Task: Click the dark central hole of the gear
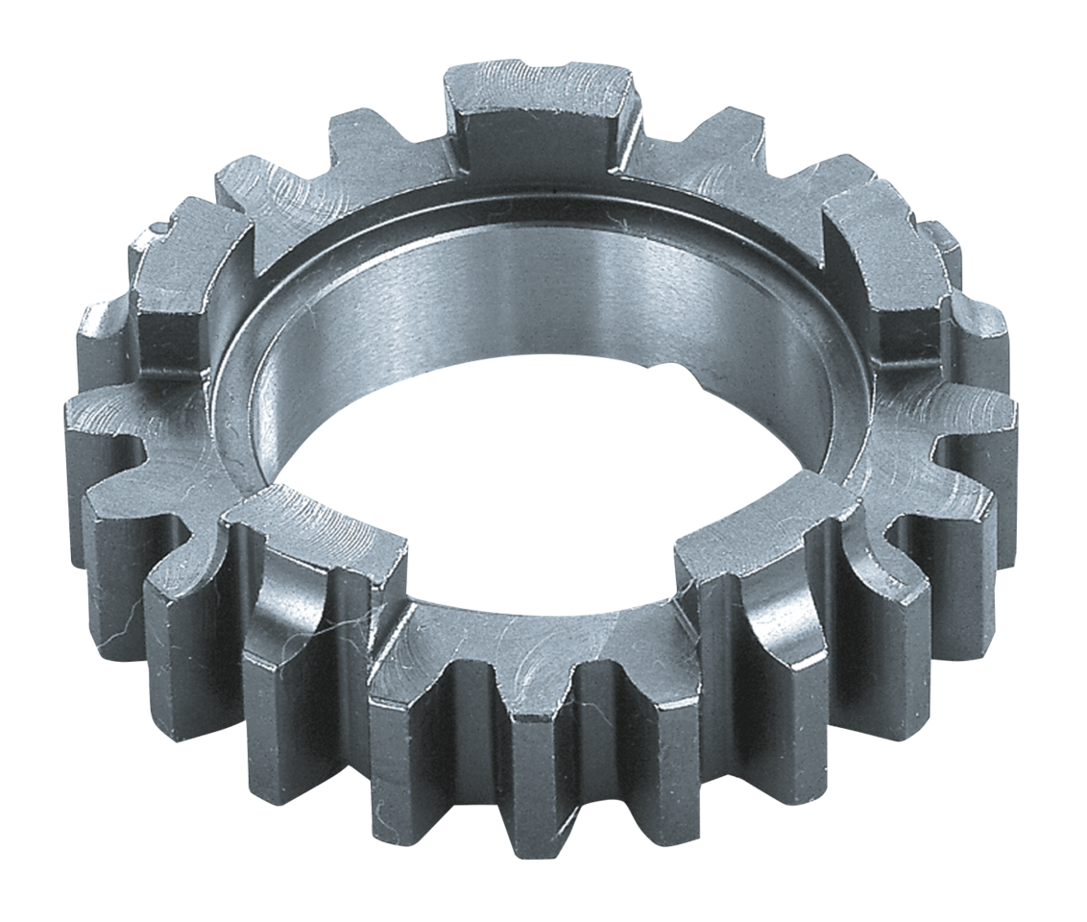(x=538, y=480)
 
